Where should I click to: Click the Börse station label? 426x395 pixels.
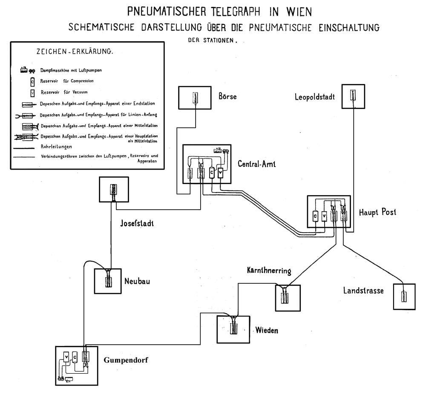pyautogui.click(x=227, y=97)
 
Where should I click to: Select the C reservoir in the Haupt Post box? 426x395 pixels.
pyautogui.click(x=315, y=216)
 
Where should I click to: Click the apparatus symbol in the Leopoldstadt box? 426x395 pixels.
pyautogui.click(x=353, y=95)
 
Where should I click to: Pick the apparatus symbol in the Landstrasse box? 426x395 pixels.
pyautogui.click(x=403, y=296)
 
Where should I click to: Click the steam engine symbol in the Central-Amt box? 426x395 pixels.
pyautogui.click(x=222, y=151)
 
